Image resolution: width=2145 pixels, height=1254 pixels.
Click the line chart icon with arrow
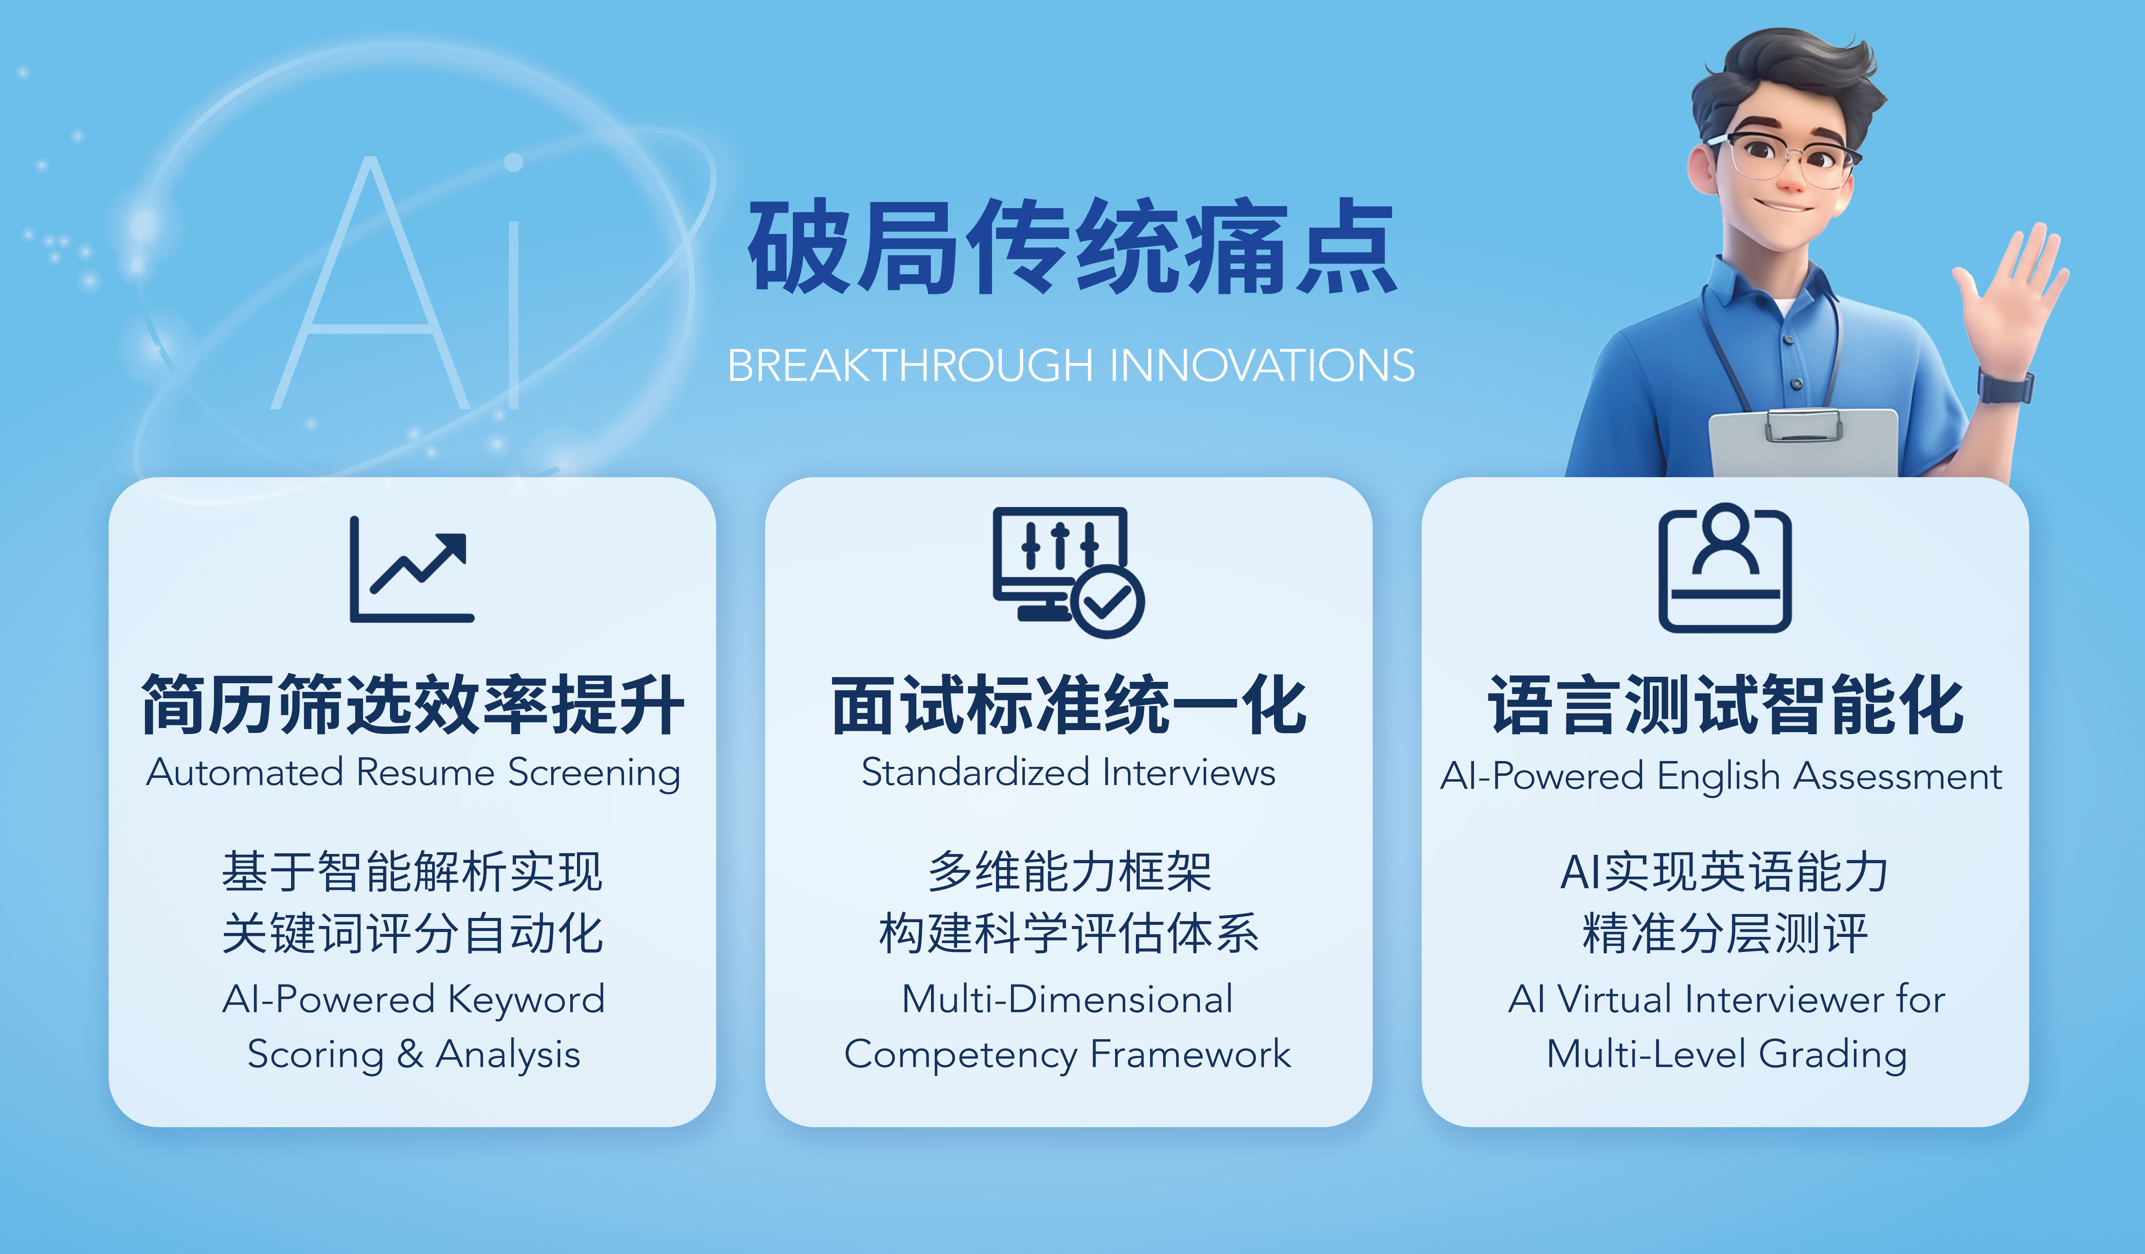click(x=412, y=569)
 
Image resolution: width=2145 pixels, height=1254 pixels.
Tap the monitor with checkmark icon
click(x=1068, y=572)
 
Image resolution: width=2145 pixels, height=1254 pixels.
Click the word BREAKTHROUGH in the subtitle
click(x=910, y=366)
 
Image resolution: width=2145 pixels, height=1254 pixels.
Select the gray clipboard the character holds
click(x=1803, y=443)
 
